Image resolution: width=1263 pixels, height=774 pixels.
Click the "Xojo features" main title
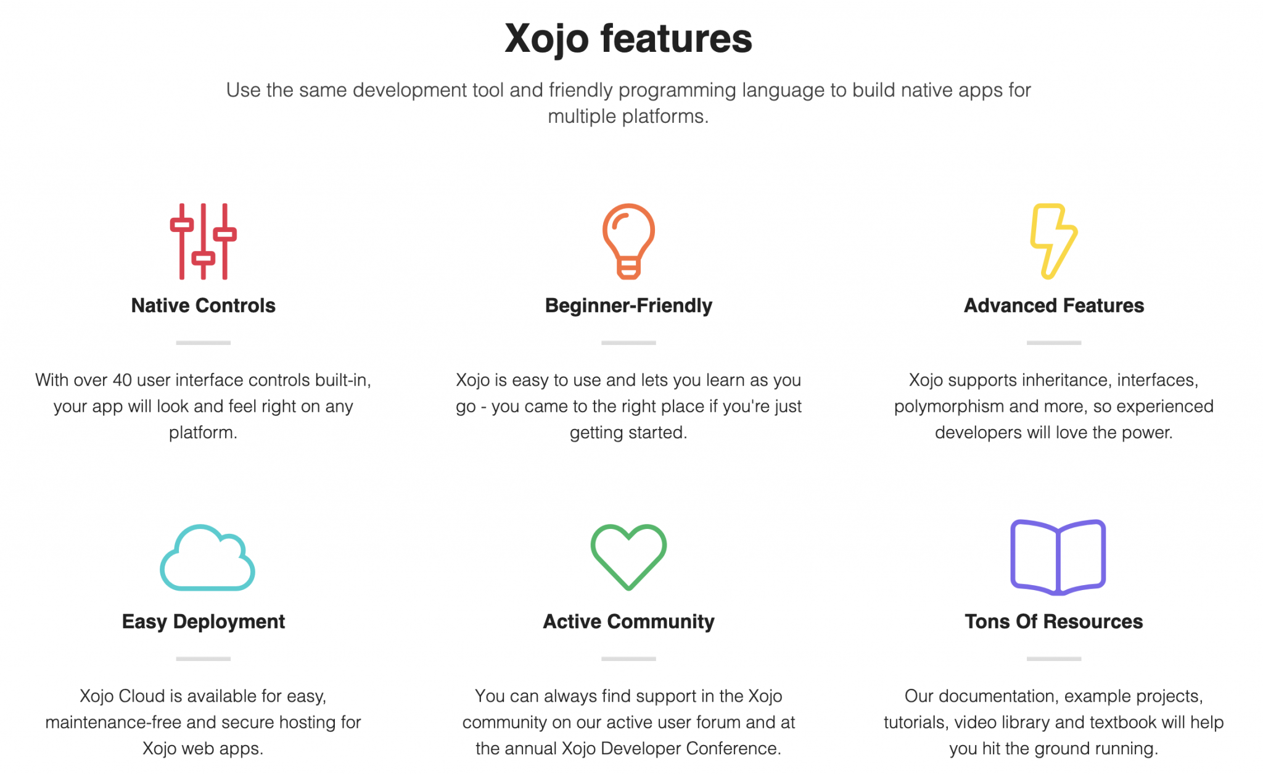(628, 38)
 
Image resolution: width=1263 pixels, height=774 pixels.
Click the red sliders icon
(203, 241)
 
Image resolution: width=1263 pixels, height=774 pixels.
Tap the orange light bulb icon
(628, 241)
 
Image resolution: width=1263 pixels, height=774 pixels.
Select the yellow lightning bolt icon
(1053, 241)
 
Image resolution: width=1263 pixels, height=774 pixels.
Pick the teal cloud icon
(207, 558)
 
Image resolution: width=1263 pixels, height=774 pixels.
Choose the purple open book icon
(1058, 557)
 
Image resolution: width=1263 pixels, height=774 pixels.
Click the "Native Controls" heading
(203, 306)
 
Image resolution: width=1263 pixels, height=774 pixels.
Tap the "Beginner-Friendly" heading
(628, 306)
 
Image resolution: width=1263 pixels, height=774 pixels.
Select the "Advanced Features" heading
(1053, 306)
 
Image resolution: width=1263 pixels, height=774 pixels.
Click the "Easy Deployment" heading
(203, 622)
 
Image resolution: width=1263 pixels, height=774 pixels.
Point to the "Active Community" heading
(628, 622)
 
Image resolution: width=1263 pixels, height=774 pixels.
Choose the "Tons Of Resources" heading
(1053, 622)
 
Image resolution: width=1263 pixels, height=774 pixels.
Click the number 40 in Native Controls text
(122, 380)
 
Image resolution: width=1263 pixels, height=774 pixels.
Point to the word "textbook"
(1117, 723)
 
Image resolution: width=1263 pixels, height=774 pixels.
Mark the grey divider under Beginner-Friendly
(628, 343)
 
